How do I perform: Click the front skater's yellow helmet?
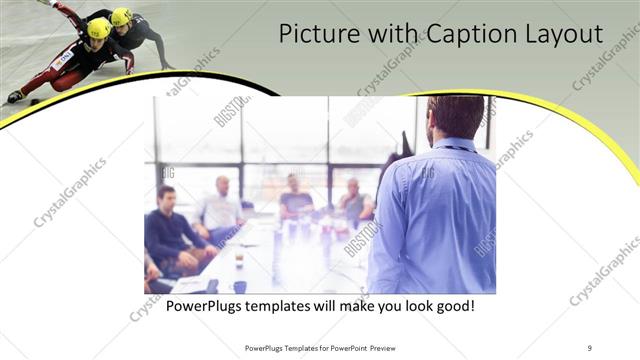(98, 28)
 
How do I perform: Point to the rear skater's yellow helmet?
(121, 17)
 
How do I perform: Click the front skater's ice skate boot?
(15, 96)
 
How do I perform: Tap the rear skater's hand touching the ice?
(167, 66)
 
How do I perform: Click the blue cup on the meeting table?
(240, 285)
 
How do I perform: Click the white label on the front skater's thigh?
(66, 59)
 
